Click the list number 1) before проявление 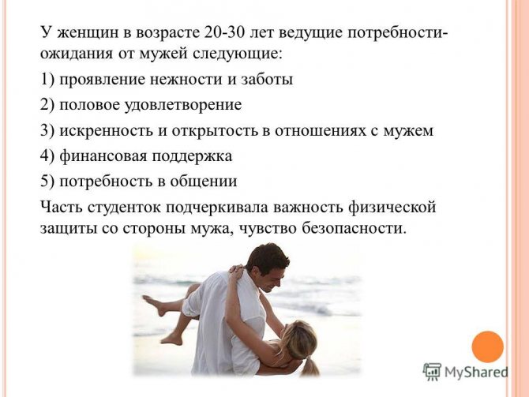(x=47, y=80)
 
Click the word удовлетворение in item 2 (x=183, y=105)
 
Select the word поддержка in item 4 (x=192, y=157)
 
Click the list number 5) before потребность (x=47, y=182)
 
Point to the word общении (x=204, y=182)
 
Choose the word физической (x=392, y=207)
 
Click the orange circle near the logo (x=487, y=346)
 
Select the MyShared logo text (x=476, y=373)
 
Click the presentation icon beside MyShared (x=432, y=372)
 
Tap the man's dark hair (x=267, y=257)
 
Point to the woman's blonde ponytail (x=309, y=367)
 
